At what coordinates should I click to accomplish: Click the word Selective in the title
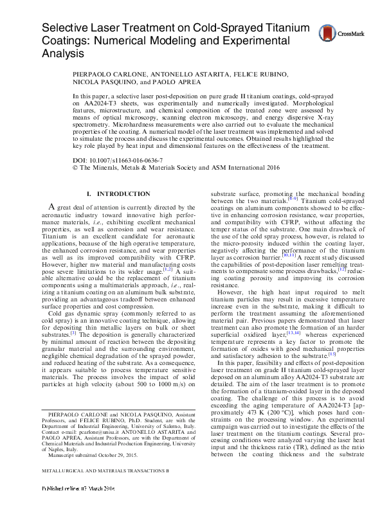coord(66,29)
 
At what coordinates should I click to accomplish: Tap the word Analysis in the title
coord(65,55)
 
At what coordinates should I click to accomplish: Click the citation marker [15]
coord(332,353)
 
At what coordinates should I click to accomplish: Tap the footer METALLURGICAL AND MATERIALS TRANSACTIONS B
coord(96,488)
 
